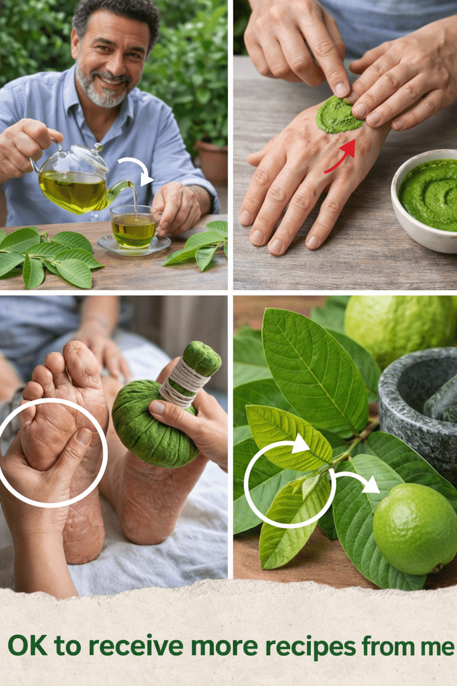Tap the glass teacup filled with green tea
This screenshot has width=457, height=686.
[x=135, y=226]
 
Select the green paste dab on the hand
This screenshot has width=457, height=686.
[x=338, y=115]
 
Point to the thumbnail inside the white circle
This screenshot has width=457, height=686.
[x=84, y=436]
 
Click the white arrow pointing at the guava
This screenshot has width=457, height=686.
[x=356, y=481]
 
